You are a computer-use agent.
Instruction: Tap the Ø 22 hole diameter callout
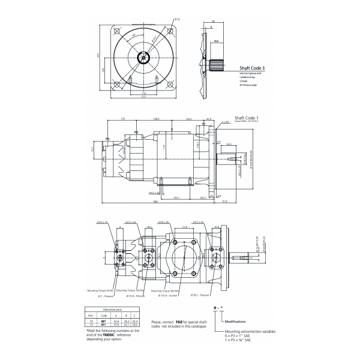[177, 19]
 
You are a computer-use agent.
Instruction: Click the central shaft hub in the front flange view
[144, 58]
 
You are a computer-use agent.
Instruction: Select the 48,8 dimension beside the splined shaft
[216, 41]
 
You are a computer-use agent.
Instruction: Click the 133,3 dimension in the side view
[188, 118]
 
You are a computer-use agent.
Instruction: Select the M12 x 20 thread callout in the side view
[154, 193]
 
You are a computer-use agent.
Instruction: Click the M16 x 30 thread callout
[163, 221]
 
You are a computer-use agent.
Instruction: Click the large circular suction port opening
[184, 259]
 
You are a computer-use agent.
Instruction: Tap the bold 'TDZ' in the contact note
[178, 322]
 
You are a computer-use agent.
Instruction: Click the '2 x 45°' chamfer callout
[226, 122]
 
